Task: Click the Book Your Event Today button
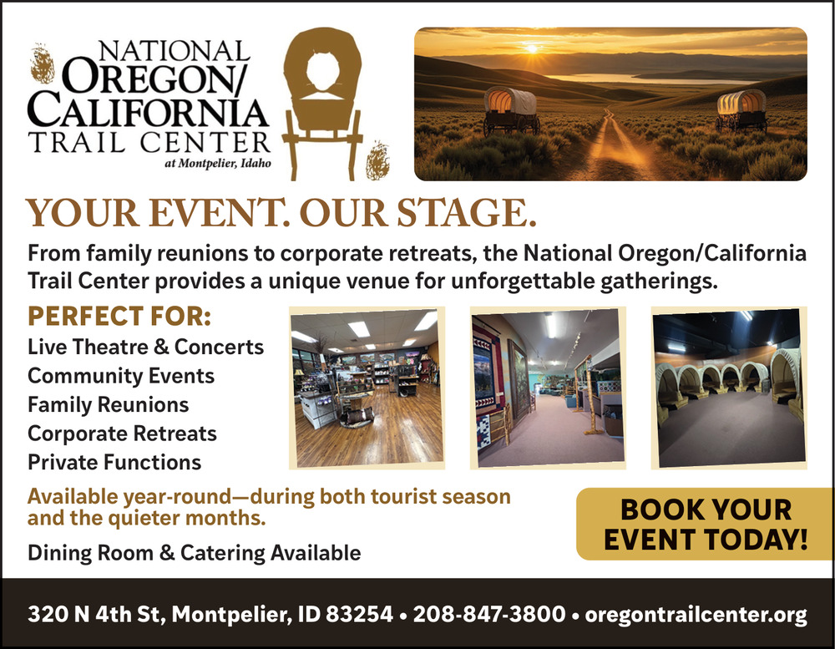tap(705, 524)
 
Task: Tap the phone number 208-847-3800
tap(488, 614)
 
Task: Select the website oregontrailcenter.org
tap(696, 615)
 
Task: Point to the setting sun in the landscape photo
tap(532, 48)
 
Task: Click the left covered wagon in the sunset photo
tap(511, 110)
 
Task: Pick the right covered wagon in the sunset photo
tap(741, 110)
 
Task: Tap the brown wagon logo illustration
tap(322, 104)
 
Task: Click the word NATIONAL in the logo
tap(175, 52)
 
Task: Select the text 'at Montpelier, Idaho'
tap(217, 164)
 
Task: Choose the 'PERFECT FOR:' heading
tap(119, 316)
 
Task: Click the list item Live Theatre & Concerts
tap(145, 347)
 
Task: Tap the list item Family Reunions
tap(108, 404)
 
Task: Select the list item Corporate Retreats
tap(122, 434)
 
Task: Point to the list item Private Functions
tap(114, 463)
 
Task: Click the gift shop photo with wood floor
tap(367, 388)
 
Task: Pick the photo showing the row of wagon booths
tap(729, 388)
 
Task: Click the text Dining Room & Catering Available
tap(194, 553)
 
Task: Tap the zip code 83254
tap(359, 614)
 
